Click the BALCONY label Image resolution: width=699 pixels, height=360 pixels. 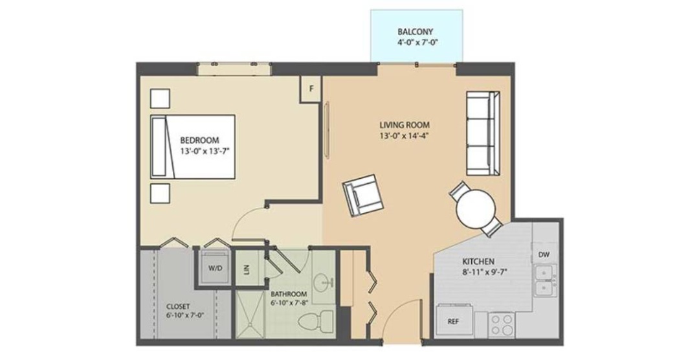416,32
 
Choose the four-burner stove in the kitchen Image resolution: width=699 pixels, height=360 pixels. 502,325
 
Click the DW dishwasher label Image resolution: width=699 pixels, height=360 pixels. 544,254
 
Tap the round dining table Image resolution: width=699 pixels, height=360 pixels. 476,209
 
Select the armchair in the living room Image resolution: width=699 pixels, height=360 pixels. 363,196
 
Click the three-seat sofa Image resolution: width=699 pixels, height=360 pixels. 483,133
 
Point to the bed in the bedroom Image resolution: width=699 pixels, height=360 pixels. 193,147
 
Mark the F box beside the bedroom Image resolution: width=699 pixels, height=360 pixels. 311,89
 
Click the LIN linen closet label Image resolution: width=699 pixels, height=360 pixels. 246,269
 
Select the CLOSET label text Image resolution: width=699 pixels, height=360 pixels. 178,306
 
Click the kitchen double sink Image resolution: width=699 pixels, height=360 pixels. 545,280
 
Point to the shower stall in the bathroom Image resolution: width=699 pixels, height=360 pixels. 250,314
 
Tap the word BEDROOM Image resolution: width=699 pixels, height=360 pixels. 200,140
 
